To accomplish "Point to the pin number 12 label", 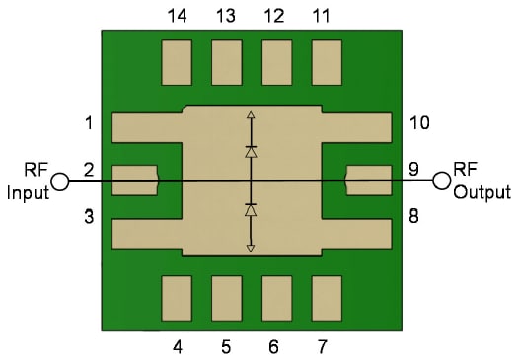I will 274,16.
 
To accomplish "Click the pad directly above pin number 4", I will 177,298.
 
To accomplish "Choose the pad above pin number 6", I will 276,298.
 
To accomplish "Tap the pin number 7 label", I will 324,346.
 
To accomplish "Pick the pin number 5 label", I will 226,346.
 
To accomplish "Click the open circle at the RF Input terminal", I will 61,181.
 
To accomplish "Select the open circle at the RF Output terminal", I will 441,180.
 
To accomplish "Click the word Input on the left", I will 27,192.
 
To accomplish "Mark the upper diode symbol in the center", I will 251,153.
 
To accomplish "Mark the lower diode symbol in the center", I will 251,210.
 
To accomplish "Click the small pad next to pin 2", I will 135,180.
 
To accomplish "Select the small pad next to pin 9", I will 367,180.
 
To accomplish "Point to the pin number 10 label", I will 419,123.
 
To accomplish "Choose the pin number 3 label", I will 89,216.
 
